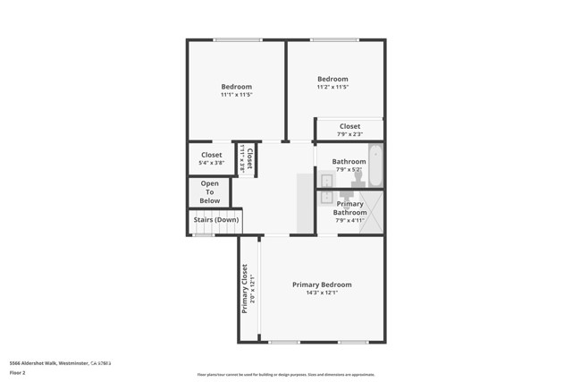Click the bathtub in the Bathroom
(375, 165)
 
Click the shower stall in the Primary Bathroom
(372, 213)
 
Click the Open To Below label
(210, 191)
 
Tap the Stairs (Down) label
(215, 219)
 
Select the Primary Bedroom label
(322, 284)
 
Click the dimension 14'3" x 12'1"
(322, 293)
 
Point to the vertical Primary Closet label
(244, 289)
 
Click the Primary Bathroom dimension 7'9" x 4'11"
(349, 220)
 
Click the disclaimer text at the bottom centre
(286, 375)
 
